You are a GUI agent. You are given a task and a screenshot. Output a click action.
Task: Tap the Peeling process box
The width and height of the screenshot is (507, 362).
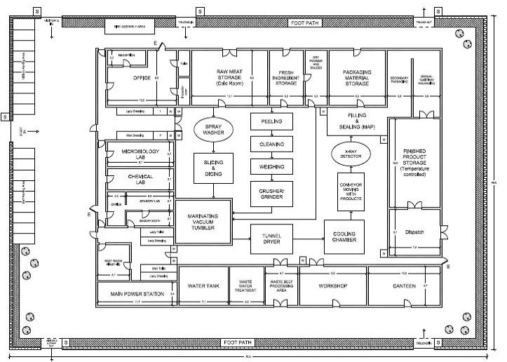coord(271,122)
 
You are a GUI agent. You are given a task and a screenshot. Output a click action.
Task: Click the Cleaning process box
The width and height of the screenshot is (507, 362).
coord(271,144)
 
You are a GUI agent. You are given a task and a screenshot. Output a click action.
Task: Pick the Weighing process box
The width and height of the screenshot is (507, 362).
coord(271,167)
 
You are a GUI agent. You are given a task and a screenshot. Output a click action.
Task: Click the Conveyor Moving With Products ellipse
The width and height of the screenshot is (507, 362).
coord(351,197)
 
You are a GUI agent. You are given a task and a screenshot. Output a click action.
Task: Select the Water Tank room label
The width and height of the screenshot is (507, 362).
coord(204,286)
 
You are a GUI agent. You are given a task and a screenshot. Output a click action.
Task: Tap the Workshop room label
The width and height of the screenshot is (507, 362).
coord(332,286)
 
